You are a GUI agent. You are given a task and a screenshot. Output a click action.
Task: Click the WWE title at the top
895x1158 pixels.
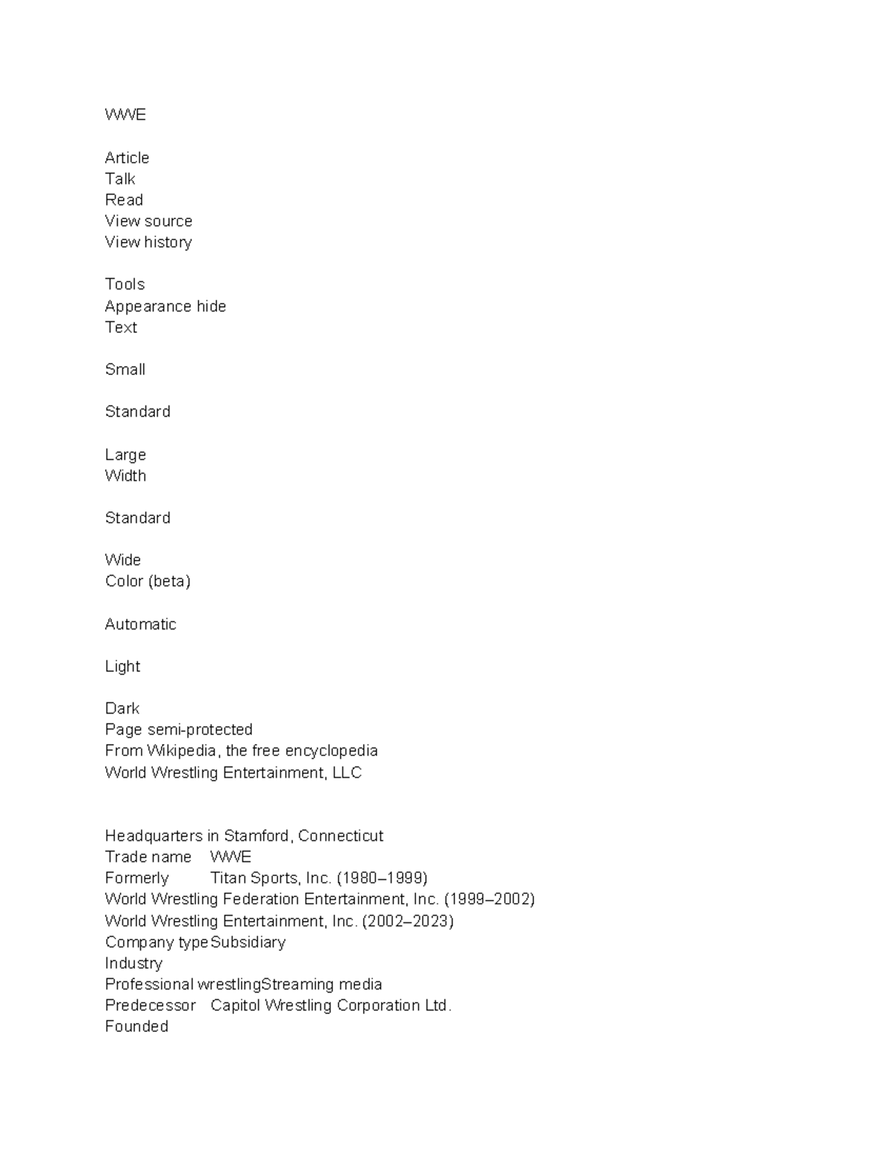125,115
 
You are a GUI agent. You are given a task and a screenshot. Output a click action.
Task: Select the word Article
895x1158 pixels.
127,158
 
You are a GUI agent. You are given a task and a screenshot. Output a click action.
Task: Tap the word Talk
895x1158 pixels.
120,179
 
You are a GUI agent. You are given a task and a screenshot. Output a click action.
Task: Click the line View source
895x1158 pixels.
148,221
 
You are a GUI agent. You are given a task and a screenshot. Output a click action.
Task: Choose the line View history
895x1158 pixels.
148,242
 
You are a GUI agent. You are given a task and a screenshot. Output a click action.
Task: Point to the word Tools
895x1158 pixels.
125,285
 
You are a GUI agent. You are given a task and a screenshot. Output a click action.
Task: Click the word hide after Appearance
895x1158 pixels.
211,306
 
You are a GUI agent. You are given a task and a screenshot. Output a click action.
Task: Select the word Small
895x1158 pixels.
125,370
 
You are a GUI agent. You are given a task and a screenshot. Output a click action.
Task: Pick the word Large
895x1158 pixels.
125,455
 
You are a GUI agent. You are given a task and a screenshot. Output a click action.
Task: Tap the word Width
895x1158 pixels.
125,476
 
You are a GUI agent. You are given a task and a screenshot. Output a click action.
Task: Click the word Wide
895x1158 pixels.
123,560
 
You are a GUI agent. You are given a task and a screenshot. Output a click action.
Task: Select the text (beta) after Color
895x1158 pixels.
169,582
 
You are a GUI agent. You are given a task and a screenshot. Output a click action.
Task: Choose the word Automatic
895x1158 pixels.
140,625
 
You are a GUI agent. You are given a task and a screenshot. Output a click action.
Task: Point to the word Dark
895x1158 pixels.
122,708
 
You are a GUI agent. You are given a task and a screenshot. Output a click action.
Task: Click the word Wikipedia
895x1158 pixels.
181,751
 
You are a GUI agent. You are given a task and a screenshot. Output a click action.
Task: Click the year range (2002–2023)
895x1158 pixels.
408,922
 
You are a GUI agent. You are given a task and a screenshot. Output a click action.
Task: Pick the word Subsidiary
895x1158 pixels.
248,943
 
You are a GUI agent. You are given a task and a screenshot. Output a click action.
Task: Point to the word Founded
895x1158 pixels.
136,1027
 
